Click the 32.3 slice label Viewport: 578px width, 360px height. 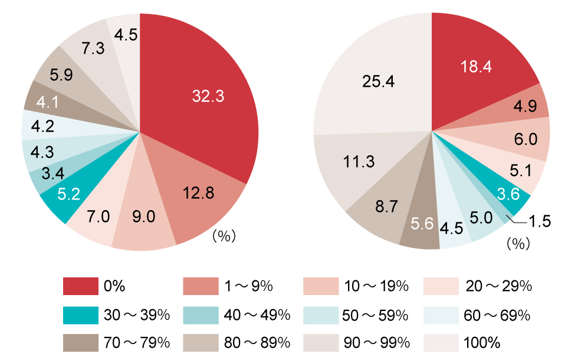tap(208, 96)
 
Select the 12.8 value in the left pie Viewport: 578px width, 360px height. tap(198, 192)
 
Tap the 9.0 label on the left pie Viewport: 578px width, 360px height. tap(143, 217)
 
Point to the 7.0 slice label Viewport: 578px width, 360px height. tap(98, 217)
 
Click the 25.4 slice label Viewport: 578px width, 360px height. tap(378, 81)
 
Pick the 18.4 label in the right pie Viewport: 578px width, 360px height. tap(477, 67)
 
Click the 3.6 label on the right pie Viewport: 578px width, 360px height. tap(508, 194)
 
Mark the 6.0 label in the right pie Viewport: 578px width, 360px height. tap(525, 139)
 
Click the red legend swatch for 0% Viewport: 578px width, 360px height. tap(80, 286)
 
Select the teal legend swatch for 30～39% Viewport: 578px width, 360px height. tap(80, 315)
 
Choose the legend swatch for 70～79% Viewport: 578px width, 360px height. tap(80, 342)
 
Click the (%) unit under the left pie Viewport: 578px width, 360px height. tap(224, 237)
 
